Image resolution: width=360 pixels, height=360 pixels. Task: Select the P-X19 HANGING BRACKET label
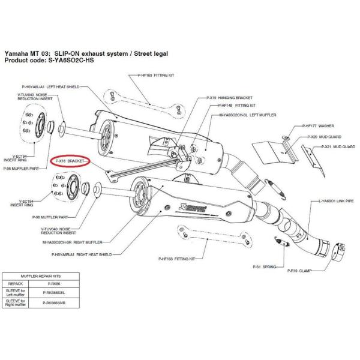click(x=234, y=97)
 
